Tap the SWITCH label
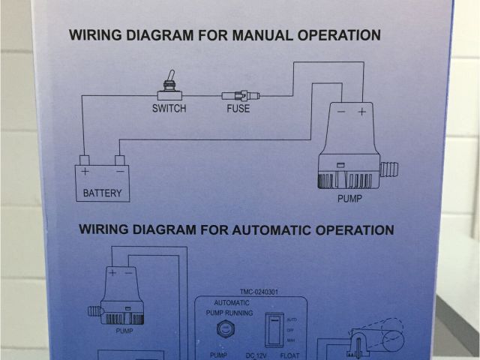pos(169,109)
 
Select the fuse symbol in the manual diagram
pos(241,96)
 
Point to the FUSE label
pos(238,109)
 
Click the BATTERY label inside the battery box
pos(102,193)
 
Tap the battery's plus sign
pos(85,171)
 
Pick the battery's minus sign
pos(119,171)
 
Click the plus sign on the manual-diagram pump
pos(361,112)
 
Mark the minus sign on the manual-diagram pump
pos(340,112)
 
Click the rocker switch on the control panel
pos(275,330)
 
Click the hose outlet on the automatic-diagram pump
pos(94,309)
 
